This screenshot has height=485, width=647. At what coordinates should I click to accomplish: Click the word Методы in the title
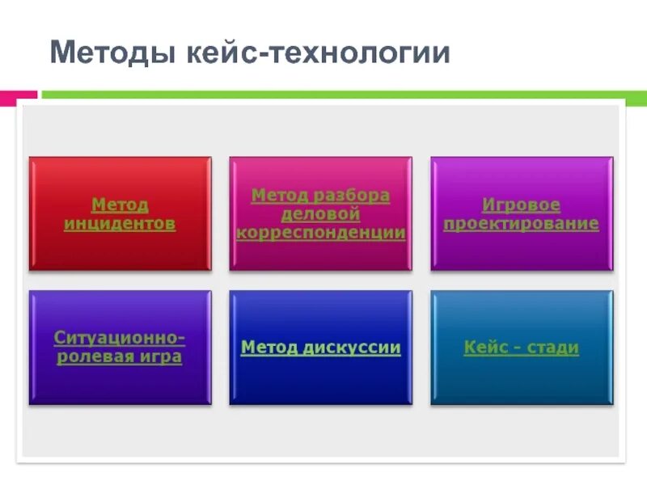coord(108,53)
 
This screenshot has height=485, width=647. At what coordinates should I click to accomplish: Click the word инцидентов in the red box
coord(120,224)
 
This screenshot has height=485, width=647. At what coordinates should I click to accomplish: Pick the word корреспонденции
coord(321,233)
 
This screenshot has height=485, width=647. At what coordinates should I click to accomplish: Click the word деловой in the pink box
coord(320,214)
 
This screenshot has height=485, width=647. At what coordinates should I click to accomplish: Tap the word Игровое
coord(522,205)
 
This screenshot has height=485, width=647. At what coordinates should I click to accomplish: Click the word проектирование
coord(522,224)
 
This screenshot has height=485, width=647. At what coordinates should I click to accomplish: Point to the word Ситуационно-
coord(120,337)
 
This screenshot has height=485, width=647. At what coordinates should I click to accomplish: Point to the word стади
coord(553,348)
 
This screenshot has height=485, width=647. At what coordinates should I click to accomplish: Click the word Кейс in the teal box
coord(485,348)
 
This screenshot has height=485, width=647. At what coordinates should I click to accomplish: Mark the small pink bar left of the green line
coord(18,95)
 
